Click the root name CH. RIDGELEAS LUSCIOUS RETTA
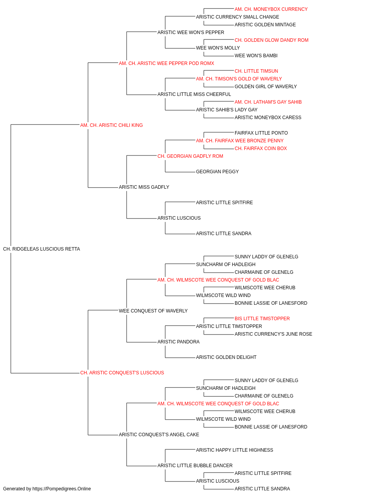pos(42,249)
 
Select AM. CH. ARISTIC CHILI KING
pos(112,125)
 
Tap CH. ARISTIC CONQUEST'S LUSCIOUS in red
pos(122,373)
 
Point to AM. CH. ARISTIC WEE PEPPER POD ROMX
pos(166,63)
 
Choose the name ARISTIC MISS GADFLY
pos(144,187)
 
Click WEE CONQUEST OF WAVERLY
pos(153,311)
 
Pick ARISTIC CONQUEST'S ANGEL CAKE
pos(159,435)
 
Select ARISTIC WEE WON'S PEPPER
pos(191,32)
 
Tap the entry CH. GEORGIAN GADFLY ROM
pos(190,156)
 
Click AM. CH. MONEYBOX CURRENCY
pos(271,9)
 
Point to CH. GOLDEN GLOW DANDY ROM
pos(271,40)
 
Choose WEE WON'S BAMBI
pos(256,56)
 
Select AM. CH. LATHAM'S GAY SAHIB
pos(268,102)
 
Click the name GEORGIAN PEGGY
pos(217,172)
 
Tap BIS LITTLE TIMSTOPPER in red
pos(262,319)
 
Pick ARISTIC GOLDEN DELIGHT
pos(226,357)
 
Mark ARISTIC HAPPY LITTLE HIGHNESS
pos(235,450)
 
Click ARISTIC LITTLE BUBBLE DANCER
pos(195,466)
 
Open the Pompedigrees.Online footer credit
pos(47,489)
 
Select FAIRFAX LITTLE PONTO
pos(261,133)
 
